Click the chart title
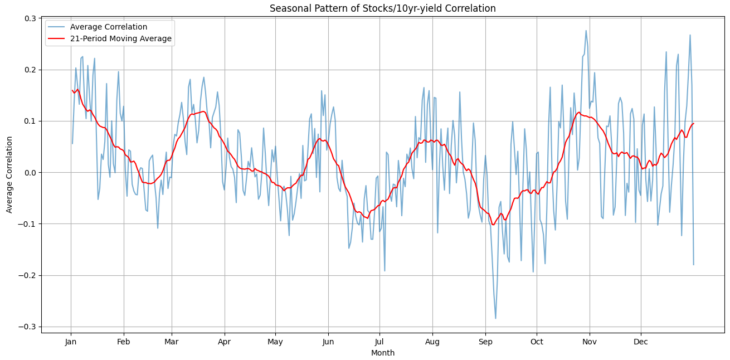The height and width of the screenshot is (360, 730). coord(382,8)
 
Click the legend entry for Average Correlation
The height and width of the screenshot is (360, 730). coord(120,27)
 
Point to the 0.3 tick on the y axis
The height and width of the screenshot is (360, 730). coord(30,18)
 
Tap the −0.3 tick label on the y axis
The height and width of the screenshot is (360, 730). coord(28,327)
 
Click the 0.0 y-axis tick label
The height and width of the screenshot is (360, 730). coord(30,173)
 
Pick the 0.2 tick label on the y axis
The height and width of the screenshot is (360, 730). coord(30,70)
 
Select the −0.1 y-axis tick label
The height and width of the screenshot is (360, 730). coord(28,224)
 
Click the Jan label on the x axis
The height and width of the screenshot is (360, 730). coord(71,342)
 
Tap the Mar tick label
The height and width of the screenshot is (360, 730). coord(172,342)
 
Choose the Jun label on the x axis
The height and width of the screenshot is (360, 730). coord(328,342)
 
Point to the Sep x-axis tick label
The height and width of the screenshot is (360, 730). coord(485,342)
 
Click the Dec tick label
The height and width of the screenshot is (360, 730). coord(641,342)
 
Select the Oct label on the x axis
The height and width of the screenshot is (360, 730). coord(537,342)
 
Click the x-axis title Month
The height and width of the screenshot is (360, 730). coord(382,353)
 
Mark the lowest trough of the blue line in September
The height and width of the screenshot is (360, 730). coord(495,319)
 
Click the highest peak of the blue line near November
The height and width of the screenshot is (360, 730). coord(586,31)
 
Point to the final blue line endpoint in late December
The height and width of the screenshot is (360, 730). coord(694,265)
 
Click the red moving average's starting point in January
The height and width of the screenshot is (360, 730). coord(72,90)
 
